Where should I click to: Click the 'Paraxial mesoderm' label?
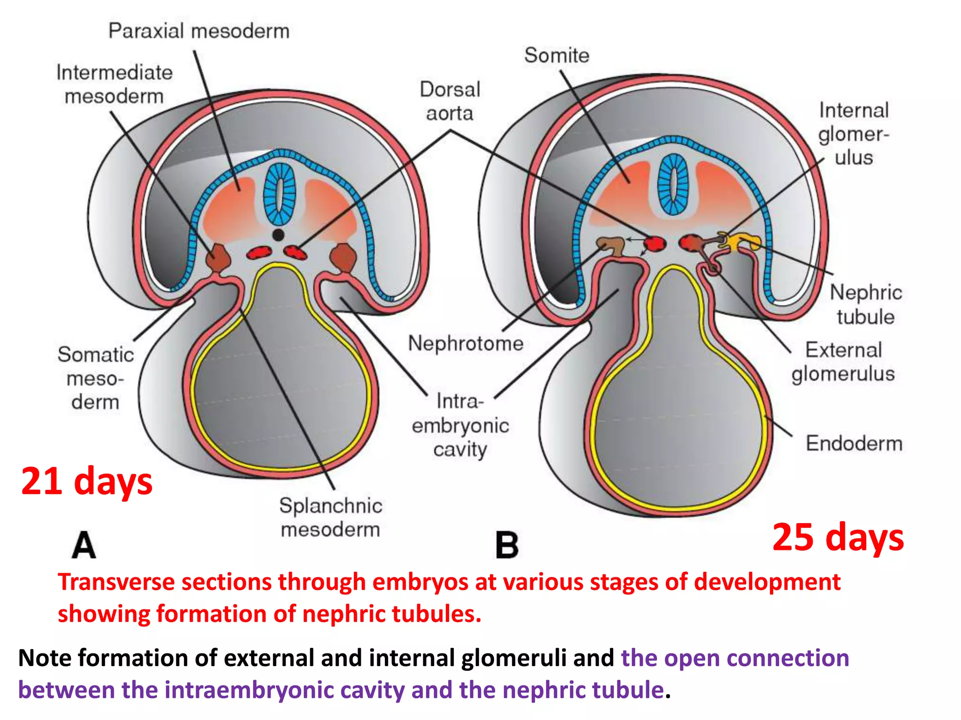click(199, 31)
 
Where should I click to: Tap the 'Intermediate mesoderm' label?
click(114, 84)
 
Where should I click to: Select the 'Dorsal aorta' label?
click(450, 101)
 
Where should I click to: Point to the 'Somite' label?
click(557, 55)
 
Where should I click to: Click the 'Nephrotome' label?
click(465, 343)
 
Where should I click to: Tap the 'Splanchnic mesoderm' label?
click(330, 517)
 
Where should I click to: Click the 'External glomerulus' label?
click(843, 362)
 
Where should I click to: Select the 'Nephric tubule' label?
click(866, 305)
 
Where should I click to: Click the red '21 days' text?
click(87, 481)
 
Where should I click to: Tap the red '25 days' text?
click(838, 537)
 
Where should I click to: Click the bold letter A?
click(84, 545)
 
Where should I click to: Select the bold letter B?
click(507, 545)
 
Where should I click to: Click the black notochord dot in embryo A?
click(278, 235)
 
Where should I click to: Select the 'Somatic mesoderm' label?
click(96, 378)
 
